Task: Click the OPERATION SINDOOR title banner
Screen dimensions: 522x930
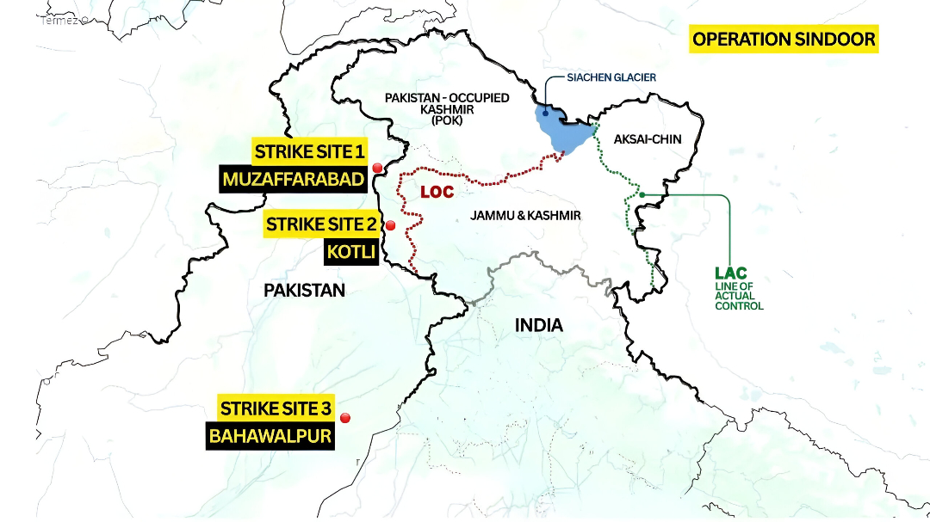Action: [x=784, y=40]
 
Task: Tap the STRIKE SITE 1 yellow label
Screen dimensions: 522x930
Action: [x=309, y=153]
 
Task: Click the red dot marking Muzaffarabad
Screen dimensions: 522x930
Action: [x=376, y=168]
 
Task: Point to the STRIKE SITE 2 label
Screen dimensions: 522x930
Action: [x=321, y=224]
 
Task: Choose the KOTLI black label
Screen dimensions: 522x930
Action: [x=350, y=253]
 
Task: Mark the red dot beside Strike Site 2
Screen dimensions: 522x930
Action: [x=390, y=225]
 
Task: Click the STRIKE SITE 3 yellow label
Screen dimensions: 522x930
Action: [x=276, y=408]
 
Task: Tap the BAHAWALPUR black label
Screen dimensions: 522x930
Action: [x=270, y=436]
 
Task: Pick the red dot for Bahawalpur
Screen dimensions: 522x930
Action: [x=345, y=418]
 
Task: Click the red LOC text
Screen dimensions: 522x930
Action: [x=437, y=192]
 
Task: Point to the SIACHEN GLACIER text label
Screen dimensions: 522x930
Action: [x=611, y=77]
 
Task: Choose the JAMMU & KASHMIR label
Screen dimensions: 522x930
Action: [x=525, y=216]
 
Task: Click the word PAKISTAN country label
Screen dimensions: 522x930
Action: [x=304, y=291]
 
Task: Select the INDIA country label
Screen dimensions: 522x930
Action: [x=538, y=325]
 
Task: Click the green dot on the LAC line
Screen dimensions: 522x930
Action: [x=642, y=194]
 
